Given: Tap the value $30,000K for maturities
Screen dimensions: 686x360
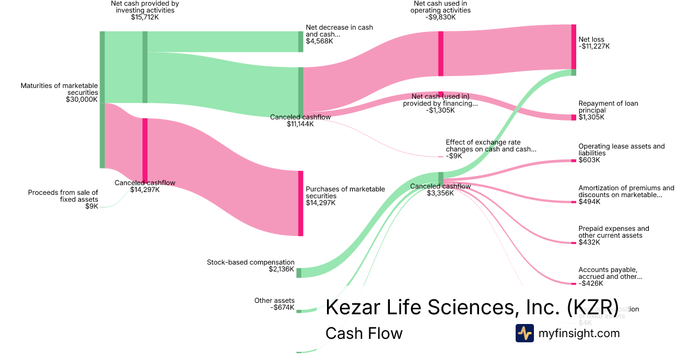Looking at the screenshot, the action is pyautogui.click(x=82, y=99).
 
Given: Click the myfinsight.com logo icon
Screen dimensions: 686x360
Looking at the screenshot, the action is pyautogui.click(x=524, y=333).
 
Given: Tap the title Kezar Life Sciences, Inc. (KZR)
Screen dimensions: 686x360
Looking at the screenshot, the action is pyautogui.click(x=472, y=307).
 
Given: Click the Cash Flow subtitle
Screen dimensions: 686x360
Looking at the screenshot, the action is pyautogui.click(x=364, y=333).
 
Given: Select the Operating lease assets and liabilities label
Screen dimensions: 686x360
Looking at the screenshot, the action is pyautogui.click(x=621, y=150).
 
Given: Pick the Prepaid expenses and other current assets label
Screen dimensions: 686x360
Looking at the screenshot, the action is pyautogui.click(x=613, y=232).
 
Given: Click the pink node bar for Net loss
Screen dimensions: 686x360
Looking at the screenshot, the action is pyautogui.click(x=574, y=47).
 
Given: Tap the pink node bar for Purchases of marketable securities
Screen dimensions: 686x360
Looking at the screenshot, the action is pyautogui.click(x=301, y=203).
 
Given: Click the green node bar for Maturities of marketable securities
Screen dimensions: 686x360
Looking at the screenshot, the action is pyautogui.click(x=102, y=99).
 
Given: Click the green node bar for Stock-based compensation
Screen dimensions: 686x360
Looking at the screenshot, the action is pyautogui.click(x=298, y=273).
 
